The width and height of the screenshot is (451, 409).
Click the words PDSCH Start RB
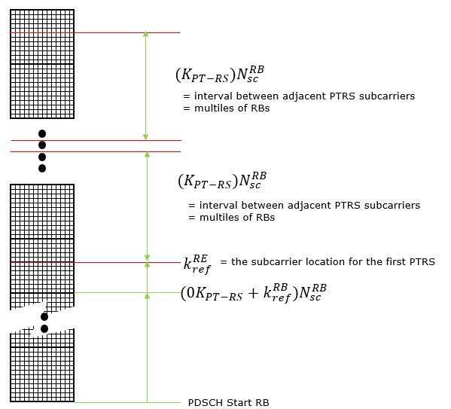point(228,402)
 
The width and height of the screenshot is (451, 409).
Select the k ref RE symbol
point(197,264)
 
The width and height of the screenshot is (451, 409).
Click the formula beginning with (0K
point(254,293)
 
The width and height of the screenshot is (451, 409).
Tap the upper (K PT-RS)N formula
point(220,75)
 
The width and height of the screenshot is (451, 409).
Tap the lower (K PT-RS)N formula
point(222,181)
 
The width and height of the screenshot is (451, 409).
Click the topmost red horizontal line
point(95,33)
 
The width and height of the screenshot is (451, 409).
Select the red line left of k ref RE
point(95,262)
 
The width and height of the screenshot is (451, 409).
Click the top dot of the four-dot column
point(42,133)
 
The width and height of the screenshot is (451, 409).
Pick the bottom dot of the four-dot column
point(42,169)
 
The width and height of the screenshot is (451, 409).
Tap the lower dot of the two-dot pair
point(44,328)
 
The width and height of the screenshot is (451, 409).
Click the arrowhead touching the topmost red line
point(146,34)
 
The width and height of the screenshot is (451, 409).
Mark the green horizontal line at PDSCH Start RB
point(128,402)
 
